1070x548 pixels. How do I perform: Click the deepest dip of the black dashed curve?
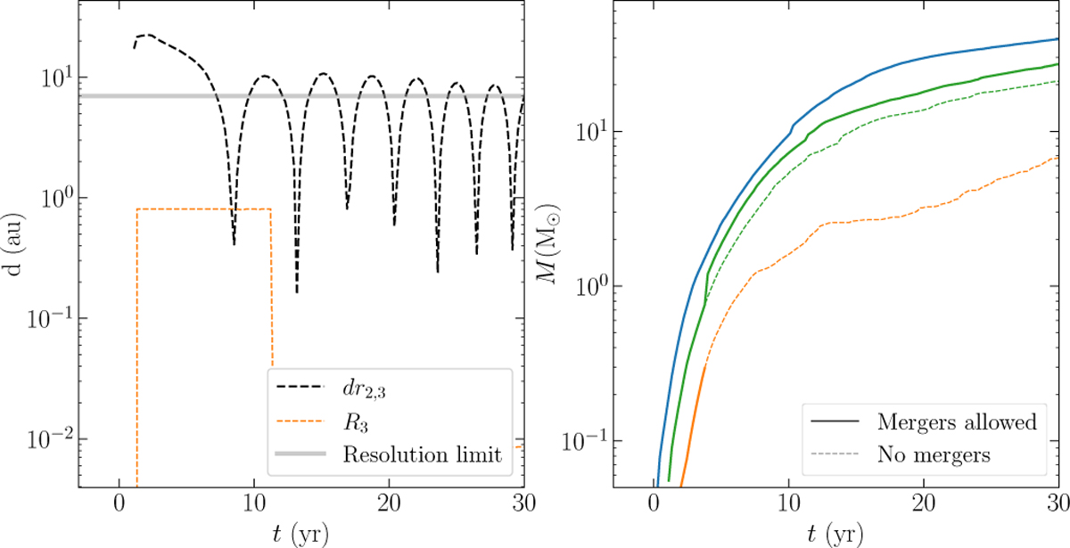coord(297,292)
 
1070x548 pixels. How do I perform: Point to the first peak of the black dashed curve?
coord(145,35)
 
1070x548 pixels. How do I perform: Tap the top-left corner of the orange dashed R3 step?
coord(137,209)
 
